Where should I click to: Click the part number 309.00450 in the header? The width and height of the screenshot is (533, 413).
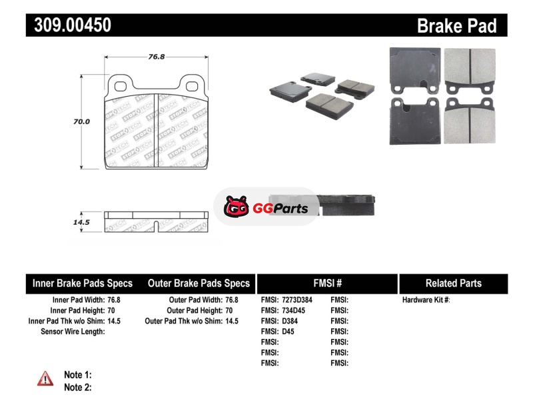[x=73, y=25]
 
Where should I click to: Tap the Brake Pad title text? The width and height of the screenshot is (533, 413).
[x=457, y=26]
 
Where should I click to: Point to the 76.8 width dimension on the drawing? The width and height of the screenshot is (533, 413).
[x=157, y=57]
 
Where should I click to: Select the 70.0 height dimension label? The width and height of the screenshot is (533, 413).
[x=81, y=121]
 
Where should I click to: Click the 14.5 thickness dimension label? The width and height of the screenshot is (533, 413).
[x=81, y=222]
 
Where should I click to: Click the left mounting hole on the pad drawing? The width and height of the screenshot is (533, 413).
[x=121, y=87]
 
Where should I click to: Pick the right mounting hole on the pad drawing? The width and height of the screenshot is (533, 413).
[x=192, y=87]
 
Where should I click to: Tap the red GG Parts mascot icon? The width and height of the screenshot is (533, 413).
[x=237, y=206]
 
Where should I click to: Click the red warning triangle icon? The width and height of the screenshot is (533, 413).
[x=45, y=378]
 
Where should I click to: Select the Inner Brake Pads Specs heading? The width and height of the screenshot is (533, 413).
[x=83, y=284]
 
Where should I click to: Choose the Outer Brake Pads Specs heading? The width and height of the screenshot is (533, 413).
[x=199, y=284]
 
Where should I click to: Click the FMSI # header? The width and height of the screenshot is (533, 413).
[x=328, y=284]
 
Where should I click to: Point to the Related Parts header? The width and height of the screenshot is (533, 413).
[x=454, y=284]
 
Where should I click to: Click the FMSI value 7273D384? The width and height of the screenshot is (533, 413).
[x=297, y=300]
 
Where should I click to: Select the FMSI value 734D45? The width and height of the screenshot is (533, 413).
[x=293, y=310]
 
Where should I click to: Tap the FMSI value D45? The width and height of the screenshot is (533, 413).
[x=288, y=332]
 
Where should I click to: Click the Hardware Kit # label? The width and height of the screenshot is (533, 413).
[x=426, y=300]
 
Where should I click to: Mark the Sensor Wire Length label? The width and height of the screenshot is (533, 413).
[x=73, y=332]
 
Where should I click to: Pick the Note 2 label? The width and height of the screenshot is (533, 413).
[x=78, y=388]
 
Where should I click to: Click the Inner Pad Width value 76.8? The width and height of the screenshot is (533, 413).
[x=114, y=300]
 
